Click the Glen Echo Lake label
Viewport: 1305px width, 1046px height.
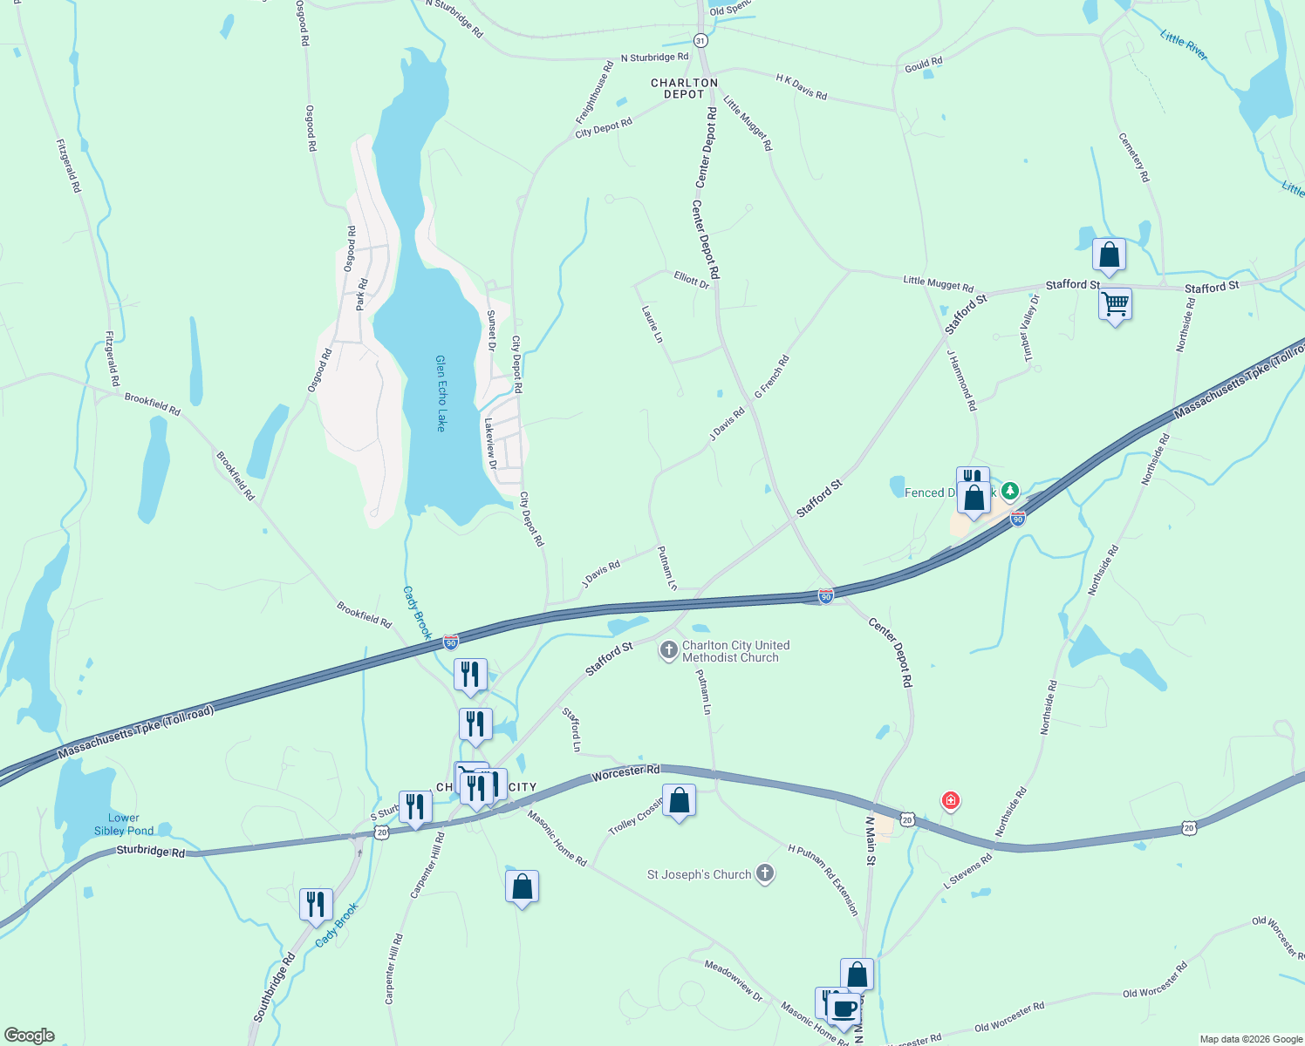441,393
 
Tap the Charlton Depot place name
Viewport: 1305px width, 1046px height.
684,88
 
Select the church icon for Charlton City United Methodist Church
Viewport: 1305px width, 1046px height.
668,651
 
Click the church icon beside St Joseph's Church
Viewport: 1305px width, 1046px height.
765,874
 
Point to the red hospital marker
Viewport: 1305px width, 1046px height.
950,801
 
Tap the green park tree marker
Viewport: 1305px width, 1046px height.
1010,492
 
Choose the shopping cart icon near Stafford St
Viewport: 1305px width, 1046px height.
1115,305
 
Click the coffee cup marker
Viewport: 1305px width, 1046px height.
844,1009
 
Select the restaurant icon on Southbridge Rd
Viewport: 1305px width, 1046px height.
316,905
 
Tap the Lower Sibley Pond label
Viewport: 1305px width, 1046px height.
124,825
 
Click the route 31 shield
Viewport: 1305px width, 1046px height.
700,41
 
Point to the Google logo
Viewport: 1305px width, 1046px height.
29,1036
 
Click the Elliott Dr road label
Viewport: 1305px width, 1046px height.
692,279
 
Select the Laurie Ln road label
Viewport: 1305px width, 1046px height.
652,323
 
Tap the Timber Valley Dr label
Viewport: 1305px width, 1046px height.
1030,328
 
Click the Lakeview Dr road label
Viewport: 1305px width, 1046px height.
490,443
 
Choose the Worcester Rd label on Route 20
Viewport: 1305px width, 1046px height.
625,773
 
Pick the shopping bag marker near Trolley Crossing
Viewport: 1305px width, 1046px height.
679,800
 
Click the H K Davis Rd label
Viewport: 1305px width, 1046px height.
802,86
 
